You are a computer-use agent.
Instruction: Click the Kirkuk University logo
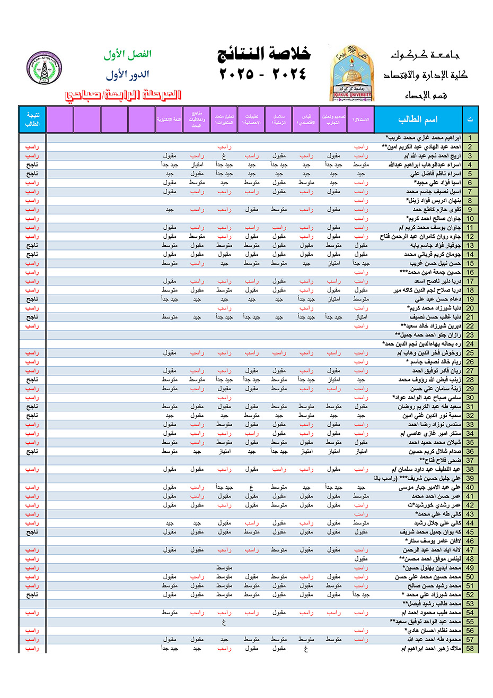click(352, 73)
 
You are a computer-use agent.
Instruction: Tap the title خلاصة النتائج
click(263, 54)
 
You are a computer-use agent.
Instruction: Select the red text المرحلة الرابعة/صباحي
click(123, 95)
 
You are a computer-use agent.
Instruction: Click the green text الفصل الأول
click(127, 54)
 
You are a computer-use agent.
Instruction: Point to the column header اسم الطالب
click(418, 119)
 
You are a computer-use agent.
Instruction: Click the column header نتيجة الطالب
click(32, 119)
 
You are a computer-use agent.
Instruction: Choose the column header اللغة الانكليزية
click(169, 120)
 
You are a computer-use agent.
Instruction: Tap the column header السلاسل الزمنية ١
click(279, 119)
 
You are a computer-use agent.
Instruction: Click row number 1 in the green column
click(470, 138)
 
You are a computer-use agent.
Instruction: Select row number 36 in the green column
click(470, 452)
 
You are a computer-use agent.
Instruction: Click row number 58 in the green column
click(470, 649)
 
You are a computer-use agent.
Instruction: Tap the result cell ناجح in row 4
click(32, 165)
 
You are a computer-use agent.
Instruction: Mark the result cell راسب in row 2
click(32, 147)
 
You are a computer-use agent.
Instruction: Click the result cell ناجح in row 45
click(32, 532)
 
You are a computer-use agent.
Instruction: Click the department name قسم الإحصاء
click(426, 96)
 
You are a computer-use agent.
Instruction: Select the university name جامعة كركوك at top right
click(425, 55)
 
